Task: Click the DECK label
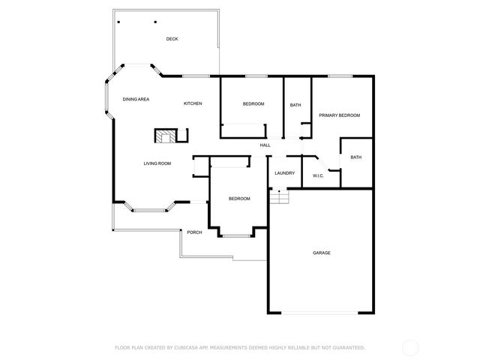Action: [172, 39]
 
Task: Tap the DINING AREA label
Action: [136, 99]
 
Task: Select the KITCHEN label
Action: [193, 103]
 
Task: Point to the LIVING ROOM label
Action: [157, 163]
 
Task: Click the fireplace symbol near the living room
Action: [164, 136]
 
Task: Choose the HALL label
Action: [265, 145]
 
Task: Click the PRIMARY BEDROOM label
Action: [339, 115]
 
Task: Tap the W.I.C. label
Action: [318, 175]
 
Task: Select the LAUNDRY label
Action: [284, 173]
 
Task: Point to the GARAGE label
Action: [321, 253]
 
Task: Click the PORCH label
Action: [194, 232]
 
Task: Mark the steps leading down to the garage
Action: [279, 196]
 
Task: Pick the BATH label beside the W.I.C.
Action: [355, 157]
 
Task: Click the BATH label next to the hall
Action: [295, 105]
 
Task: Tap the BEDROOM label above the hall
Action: [253, 103]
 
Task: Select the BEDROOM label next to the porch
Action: [239, 198]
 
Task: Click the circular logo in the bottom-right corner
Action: [410, 347]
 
